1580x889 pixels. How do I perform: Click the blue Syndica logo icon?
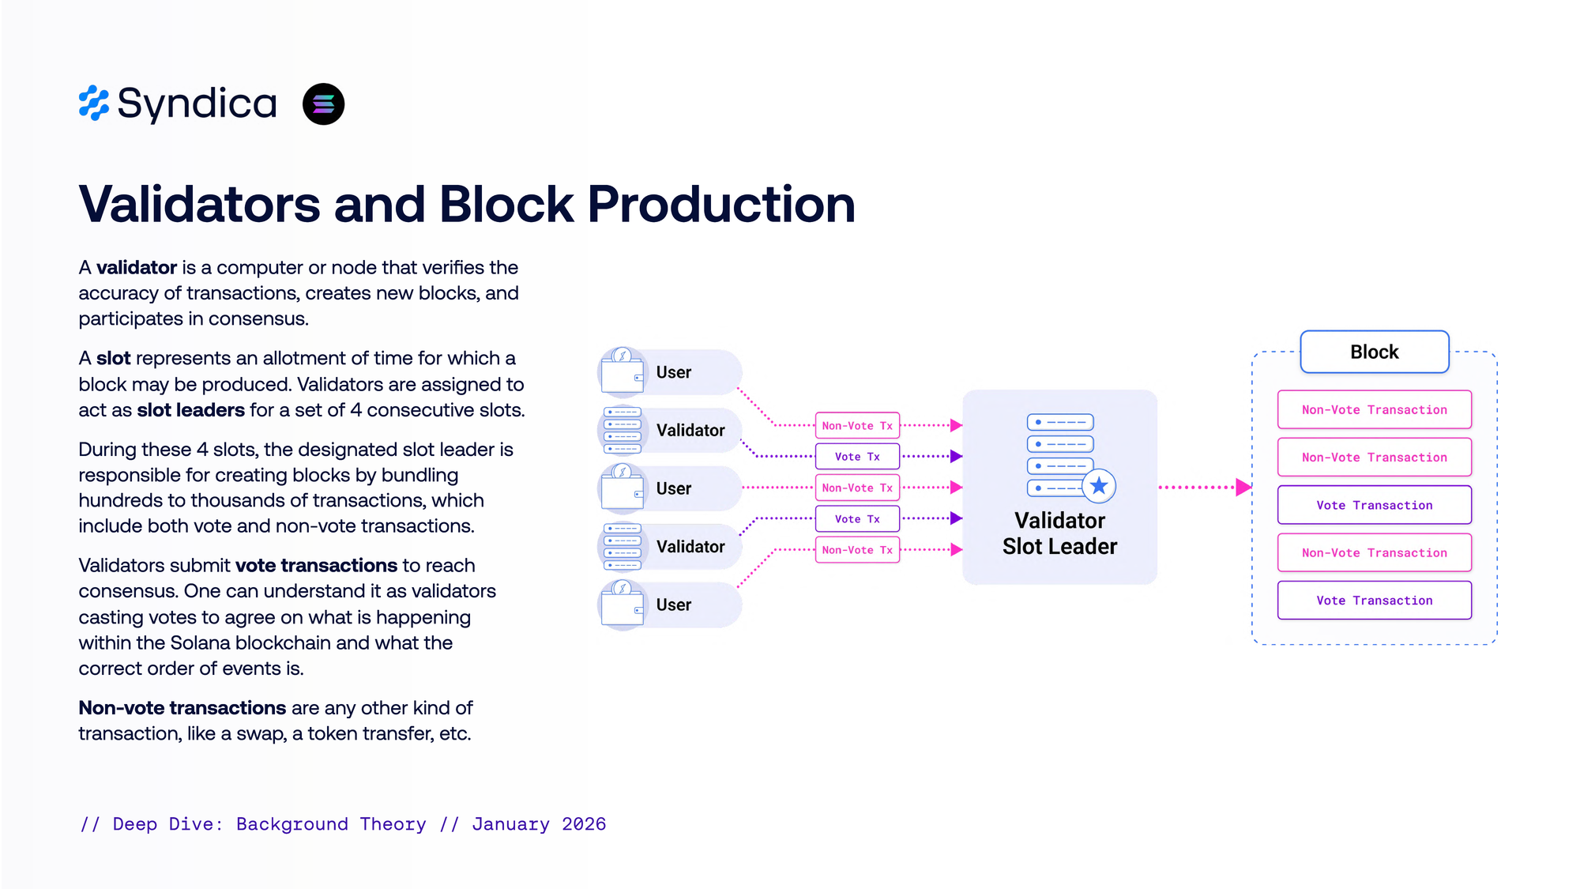click(x=93, y=104)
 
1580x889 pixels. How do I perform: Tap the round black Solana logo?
click(x=323, y=104)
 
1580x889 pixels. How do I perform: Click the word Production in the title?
click(x=720, y=205)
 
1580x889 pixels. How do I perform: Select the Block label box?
click(x=1374, y=352)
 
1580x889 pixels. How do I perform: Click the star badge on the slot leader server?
click(x=1098, y=486)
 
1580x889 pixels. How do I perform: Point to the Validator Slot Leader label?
click(x=1059, y=533)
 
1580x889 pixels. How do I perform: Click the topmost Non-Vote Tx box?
click(x=857, y=425)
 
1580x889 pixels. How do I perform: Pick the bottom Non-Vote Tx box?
click(x=857, y=550)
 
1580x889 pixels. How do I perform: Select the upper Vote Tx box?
click(x=857, y=457)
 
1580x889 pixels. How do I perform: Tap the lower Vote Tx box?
click(x=857, y=519)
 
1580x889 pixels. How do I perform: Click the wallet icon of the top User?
click(x=623, y=371)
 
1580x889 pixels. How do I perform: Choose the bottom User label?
click(x=673, y=605)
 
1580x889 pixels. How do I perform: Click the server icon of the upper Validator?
click(x=623, y=430)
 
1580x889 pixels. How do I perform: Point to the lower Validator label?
click(x=690, y=547)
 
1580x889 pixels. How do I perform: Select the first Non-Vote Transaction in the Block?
click(x=1374, y=409)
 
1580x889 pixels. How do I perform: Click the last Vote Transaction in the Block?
click(x=1374, y=601)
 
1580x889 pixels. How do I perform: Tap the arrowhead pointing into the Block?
click(x=1243, y=488)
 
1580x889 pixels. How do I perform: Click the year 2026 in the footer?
click(x=584, y=824)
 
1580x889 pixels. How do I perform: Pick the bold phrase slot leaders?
click(x=191, y=410)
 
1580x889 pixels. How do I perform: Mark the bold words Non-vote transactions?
click(x=182, y=708)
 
